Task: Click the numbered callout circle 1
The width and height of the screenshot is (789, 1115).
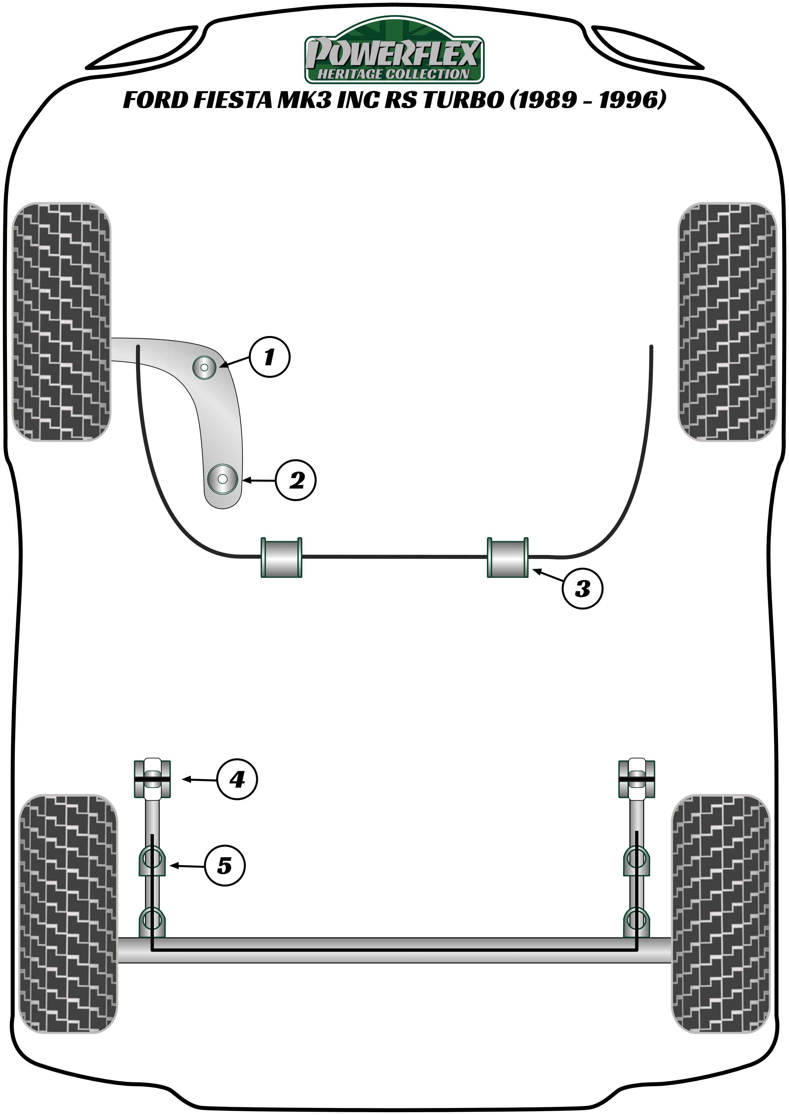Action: pos(270,357)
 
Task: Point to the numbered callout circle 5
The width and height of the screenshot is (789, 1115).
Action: pos(225,865)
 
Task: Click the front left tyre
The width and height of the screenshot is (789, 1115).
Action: pos(61,321)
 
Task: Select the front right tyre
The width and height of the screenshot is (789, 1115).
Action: pos(727,321)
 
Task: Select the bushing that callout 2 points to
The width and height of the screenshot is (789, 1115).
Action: pos(222,479)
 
